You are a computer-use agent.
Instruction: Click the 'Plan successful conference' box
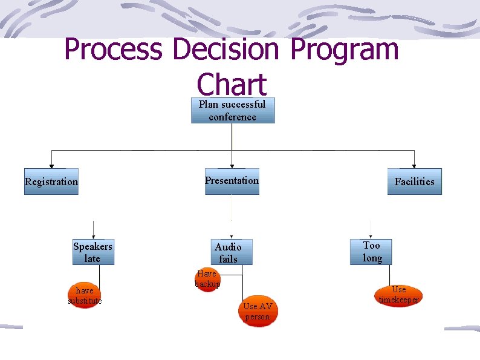(233, 111)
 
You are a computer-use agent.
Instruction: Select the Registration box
(51, 182)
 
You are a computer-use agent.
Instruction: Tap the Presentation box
(232, 181)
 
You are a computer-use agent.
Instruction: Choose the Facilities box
(414, 182)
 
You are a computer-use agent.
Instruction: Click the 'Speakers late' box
(92, 252)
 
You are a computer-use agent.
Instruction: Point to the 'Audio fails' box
(228, 252)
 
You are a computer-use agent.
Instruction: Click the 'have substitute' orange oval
(85, 296)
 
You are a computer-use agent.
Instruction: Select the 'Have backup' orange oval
(207, 279)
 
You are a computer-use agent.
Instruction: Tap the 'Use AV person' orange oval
(258, 312)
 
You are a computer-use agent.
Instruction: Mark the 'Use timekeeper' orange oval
(398, 295)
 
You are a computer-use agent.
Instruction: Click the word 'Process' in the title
(112, 50)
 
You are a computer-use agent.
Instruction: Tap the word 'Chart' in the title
(232, 85)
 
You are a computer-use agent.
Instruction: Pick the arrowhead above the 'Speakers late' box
(93, 237)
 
